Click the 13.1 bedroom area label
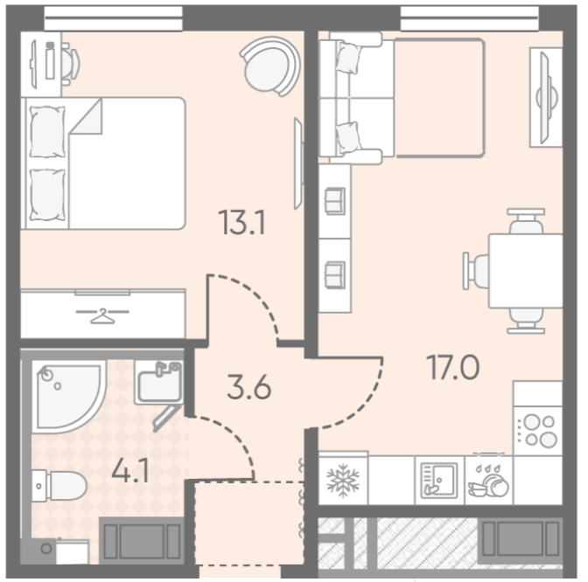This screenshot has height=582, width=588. [243, 222]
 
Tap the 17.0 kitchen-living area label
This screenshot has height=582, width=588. [452, 367]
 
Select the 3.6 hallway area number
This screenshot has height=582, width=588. [248, 387]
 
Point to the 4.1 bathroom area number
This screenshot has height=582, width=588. [130, 470]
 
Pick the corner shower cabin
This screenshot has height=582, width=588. [68, 397]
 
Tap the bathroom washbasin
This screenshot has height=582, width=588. [159, 383]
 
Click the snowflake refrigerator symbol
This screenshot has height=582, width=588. [343, 480]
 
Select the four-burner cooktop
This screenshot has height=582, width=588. [538, 431]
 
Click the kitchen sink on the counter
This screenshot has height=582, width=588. [439, 481]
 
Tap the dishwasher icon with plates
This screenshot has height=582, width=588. [488, 481]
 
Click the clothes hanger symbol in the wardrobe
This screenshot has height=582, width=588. [102, 315]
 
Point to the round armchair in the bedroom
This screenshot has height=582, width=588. [270, 66]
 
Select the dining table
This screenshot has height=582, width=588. [525, 271]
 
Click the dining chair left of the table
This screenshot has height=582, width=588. [475, 271]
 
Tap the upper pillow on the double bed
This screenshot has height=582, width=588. [47, 132]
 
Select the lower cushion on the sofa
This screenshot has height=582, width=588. [348, 137]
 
